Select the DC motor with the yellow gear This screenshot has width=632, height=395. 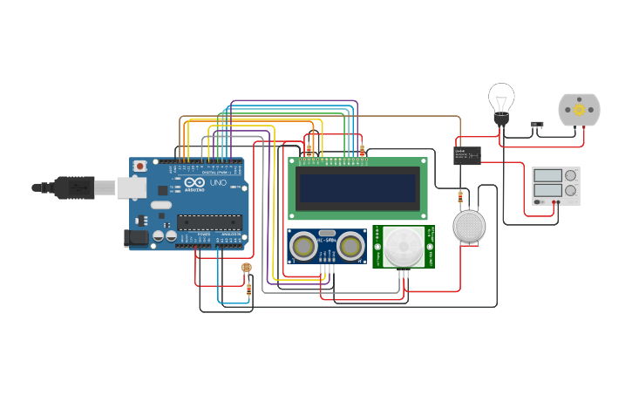tap(574, 110)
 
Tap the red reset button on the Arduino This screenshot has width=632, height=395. tap(140, 166)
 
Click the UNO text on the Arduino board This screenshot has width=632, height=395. tap(217, 184)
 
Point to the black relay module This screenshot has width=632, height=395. tap(466, 154)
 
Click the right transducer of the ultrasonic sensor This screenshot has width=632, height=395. tap(351, 247)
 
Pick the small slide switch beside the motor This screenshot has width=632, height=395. tap(537, 124)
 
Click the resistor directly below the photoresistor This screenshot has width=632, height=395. tap(249, 288)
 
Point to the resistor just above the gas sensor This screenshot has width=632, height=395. tap(460, 197)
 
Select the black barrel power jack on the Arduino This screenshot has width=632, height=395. tap(136, 236)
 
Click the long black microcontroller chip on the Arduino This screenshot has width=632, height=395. tap(209, 222)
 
